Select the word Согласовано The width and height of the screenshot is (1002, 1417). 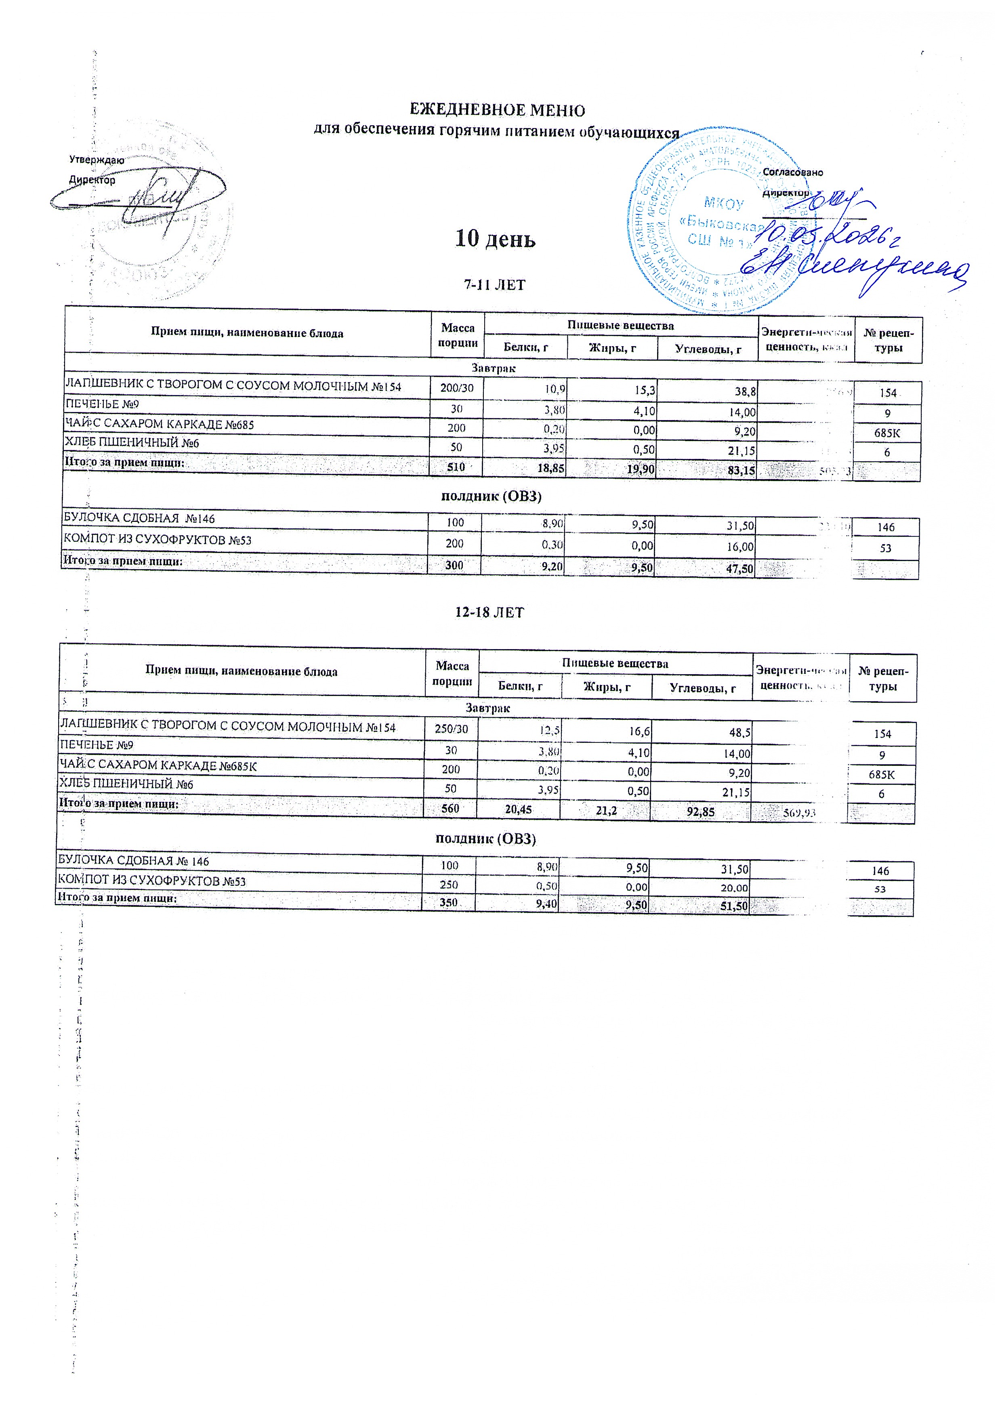point(793,172)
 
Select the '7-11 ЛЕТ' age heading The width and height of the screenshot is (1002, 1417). point(494,285)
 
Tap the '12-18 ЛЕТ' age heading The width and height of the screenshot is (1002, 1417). point(489,612)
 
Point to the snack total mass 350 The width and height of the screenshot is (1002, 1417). point(449,902)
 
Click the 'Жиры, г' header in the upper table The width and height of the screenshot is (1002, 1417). point(612,349)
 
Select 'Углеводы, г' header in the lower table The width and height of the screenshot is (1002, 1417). point(703,687)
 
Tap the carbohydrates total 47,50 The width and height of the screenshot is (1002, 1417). point(739,568)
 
